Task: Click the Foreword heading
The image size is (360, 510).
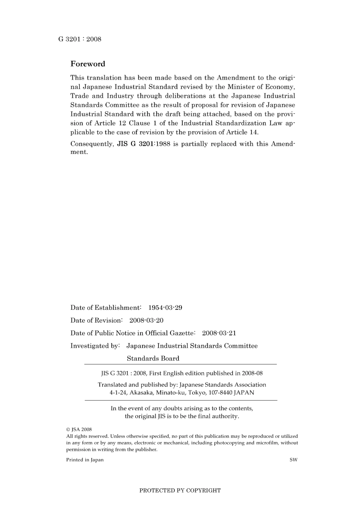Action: [x=88, y=64]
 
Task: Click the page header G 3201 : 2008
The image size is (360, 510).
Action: [x=80, y=39]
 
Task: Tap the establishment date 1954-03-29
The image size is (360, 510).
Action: [x=165, y=308]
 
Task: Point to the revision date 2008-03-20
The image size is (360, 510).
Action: [x=146, y=320]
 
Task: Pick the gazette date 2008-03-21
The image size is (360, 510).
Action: [x=219, y=333]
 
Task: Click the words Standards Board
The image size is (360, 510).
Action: [x=153, y=358]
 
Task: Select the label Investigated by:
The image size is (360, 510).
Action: [x=95, y=346]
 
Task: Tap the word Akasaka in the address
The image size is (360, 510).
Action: [x=141, y=393]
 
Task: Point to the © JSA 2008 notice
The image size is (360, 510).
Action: [x=79, y=430]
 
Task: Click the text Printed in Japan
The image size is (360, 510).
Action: [x=85, y=460]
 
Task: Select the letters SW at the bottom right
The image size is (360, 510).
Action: [x=293, y=460]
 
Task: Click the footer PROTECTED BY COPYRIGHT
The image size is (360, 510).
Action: [x=180, y=491]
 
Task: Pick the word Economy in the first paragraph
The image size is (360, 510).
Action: [x=280, y=87]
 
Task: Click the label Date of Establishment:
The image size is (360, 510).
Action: [x=106, y=308]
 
